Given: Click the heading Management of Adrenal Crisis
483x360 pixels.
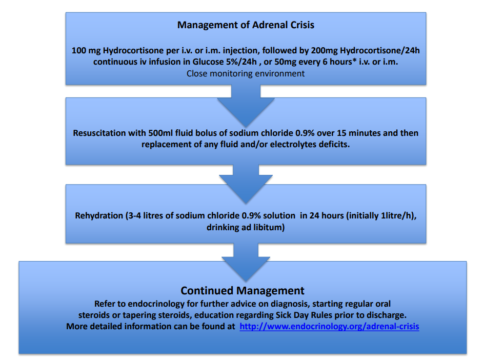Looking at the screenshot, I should coord(246,25).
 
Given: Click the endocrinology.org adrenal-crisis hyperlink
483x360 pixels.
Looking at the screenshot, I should coord(329,326).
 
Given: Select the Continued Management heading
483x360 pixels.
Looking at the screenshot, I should coord(243,291).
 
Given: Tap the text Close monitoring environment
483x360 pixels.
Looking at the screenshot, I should coord(246,73).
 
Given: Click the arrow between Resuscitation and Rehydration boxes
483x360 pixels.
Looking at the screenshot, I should coord(246,182).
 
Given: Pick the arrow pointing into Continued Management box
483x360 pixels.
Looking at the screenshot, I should coord(246,262).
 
